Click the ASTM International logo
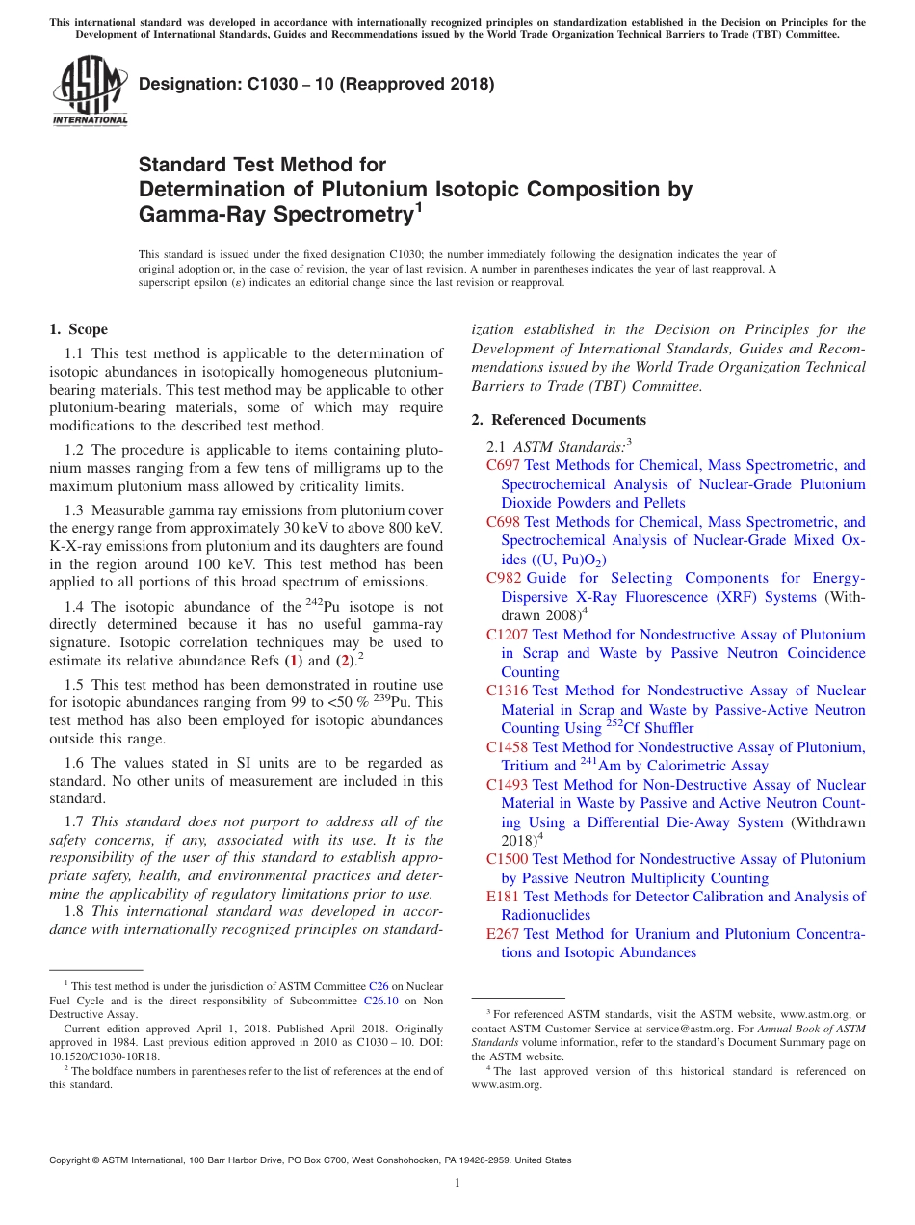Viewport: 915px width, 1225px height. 90,92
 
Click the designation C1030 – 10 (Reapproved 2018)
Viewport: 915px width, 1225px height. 317,84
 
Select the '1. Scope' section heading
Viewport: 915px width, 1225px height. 78,329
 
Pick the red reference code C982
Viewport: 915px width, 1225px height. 504,578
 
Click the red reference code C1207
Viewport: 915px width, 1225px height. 508,635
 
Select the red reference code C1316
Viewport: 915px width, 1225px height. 508,691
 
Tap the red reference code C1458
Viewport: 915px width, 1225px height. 508,747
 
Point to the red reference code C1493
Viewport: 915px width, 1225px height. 508,785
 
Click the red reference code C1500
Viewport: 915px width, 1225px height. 508,859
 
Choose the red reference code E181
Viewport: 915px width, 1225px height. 504,897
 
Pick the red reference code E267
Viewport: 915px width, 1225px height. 504,934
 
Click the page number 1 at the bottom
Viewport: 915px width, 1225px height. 457,1184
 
